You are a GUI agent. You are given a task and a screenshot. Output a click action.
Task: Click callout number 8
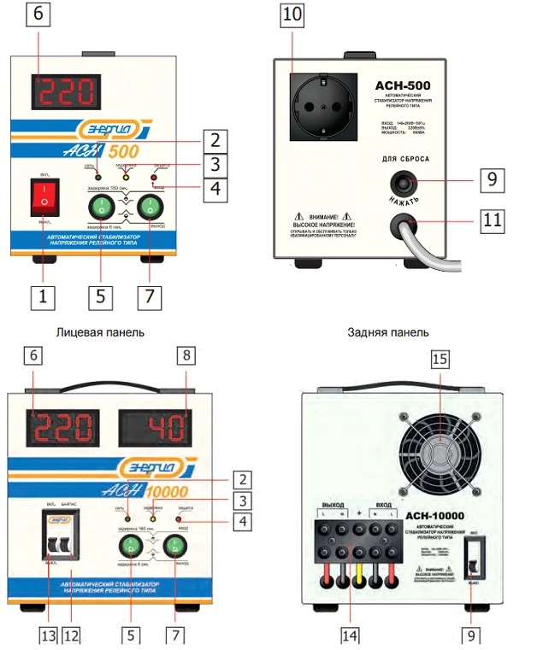(190, 358)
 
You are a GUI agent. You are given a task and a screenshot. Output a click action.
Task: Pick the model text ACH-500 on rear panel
(402, 85)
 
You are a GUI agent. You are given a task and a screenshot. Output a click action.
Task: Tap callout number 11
(491, 220)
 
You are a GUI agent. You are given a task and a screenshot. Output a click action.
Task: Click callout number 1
(43, 296)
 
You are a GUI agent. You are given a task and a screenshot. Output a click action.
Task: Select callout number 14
(350, 635)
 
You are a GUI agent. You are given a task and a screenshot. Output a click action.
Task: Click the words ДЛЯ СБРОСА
(402, 159)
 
